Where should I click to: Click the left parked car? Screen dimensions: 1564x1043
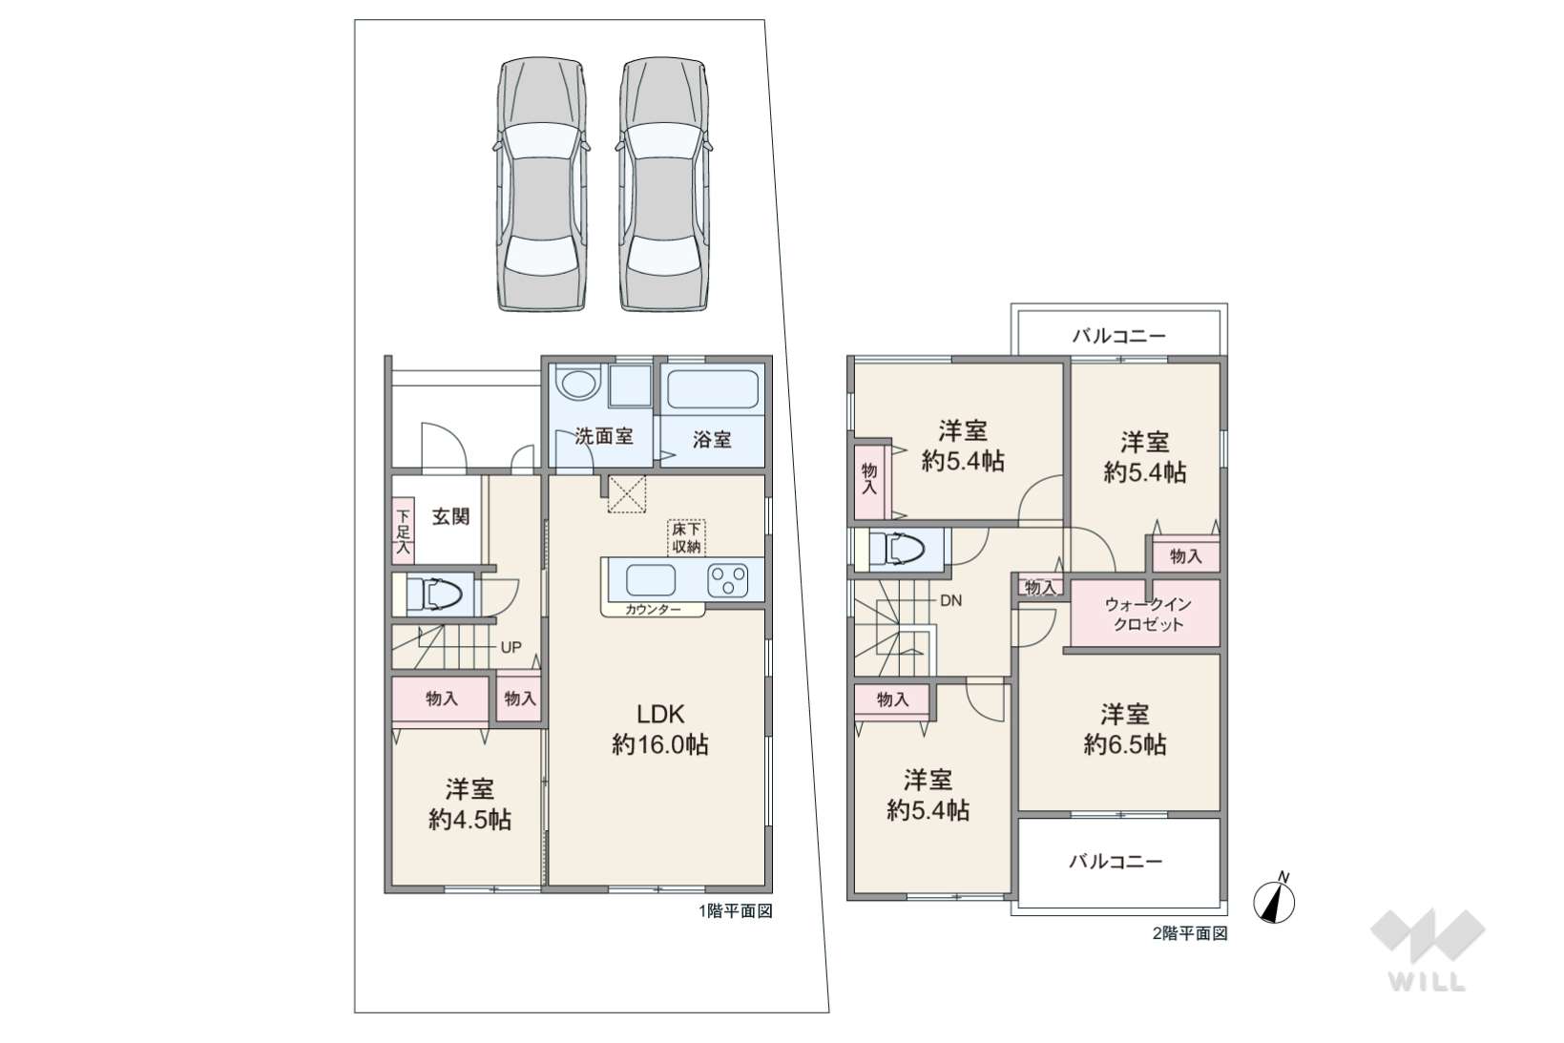(x=542, y=184)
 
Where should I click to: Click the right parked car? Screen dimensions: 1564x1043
(x=663, y=184)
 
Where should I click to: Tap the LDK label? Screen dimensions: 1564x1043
(x=659, y=714)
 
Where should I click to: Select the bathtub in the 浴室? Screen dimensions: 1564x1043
(x=712, y=389)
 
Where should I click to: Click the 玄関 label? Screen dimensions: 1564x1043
(x=450, y=516)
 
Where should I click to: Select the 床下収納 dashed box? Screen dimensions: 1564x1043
(x=686, y=537)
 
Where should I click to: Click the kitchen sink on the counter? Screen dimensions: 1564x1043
(x=651, y=580)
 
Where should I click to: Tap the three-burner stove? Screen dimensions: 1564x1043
(x=727, y=581)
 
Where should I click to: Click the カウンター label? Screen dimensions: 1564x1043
(x=653, y=610)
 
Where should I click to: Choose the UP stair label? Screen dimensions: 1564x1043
(x=511, y=647)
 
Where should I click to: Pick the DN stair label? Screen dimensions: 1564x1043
(x=951, y=599)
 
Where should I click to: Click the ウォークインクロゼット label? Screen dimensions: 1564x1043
(x=1148, y=615)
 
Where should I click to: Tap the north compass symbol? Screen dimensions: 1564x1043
(x=1274, y=901)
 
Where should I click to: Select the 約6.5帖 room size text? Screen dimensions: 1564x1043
(x=1124, y=745)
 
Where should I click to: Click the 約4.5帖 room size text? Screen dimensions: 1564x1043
(x=469, y=819)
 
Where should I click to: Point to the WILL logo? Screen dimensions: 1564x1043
(x=1428, y=949)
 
